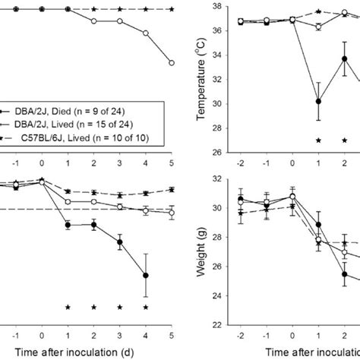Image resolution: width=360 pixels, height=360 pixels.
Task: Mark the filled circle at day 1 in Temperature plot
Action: click(x=318, y=101)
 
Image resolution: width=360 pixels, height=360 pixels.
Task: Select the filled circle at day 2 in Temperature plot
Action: click(x=344, y=58)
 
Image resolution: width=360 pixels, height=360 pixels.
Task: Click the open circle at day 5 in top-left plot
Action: click(x=171, y=62)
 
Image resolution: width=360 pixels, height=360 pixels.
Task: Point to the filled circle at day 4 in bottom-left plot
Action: click(x=145, y=276)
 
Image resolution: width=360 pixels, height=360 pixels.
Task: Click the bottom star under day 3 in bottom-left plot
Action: click(x=119, y=308)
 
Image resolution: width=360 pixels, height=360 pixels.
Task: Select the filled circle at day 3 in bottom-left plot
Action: click(x=119, y=243)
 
